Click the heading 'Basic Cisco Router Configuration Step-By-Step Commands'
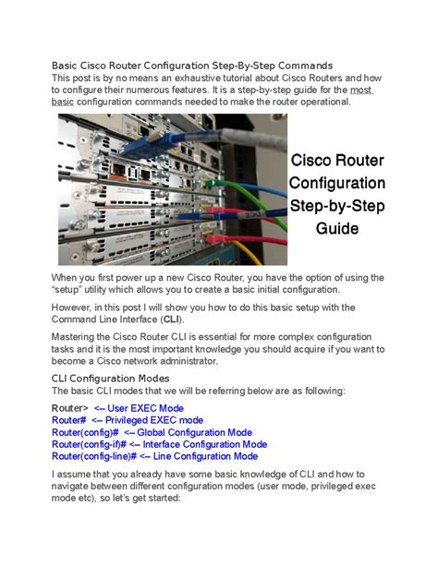pos(192,66)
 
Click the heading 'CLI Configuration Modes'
pos(110,379)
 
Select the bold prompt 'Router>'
pos(70,408)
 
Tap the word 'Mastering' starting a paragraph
pos(77,336)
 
